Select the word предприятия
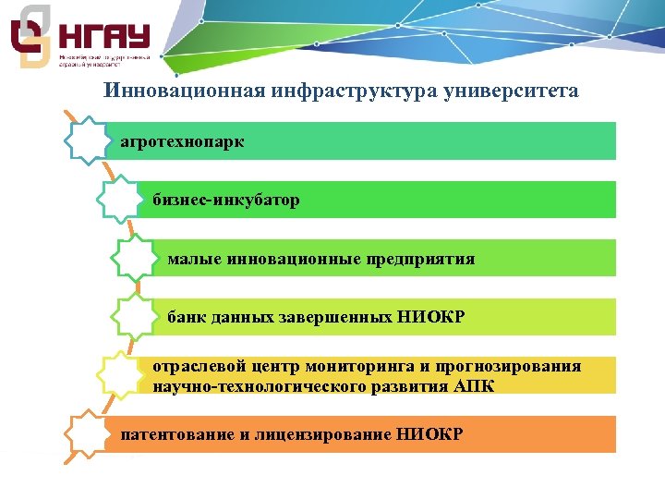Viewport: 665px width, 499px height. [428, 259]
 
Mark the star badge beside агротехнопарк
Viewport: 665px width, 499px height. [90, 140]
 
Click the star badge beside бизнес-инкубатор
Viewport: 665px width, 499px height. [119, 199]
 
